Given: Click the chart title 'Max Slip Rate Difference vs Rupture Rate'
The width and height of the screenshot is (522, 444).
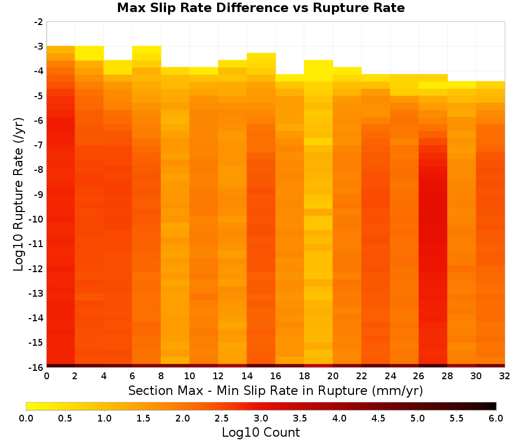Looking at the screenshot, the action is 260,8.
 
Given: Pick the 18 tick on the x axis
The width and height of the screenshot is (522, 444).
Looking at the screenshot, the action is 304,376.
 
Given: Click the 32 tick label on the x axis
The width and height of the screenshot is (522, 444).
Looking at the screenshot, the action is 505,376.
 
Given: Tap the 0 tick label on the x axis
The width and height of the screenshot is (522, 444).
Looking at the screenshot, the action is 46,376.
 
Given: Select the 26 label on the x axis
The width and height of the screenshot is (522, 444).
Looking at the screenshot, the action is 419,376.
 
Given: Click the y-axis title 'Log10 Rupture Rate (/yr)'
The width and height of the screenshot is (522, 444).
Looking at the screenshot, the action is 19,194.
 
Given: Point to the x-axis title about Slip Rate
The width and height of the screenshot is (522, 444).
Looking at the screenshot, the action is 276,390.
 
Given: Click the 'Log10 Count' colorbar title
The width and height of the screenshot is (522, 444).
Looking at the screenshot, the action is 260,433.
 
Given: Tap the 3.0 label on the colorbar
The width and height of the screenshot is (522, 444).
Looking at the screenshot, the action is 260,418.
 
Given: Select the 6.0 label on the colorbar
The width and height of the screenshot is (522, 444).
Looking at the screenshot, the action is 496,418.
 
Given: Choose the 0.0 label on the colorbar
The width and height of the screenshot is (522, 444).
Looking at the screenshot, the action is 26,418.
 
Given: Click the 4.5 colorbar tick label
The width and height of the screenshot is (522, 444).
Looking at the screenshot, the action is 378,418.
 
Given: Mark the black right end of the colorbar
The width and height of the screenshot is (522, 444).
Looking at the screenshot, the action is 494,406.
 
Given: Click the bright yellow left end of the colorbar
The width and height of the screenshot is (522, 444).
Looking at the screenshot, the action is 29,406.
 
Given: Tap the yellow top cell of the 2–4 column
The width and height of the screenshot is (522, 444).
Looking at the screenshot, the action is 89,53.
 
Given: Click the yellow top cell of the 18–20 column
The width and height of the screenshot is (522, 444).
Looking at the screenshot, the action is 318,71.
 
